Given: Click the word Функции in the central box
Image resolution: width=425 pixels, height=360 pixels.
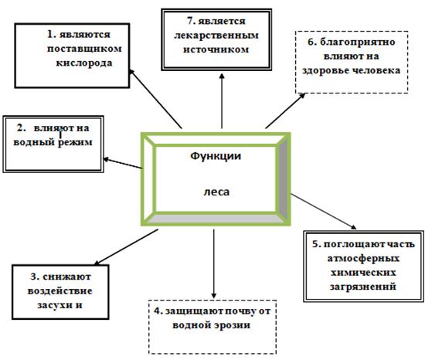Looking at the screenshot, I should click(216, 155).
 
